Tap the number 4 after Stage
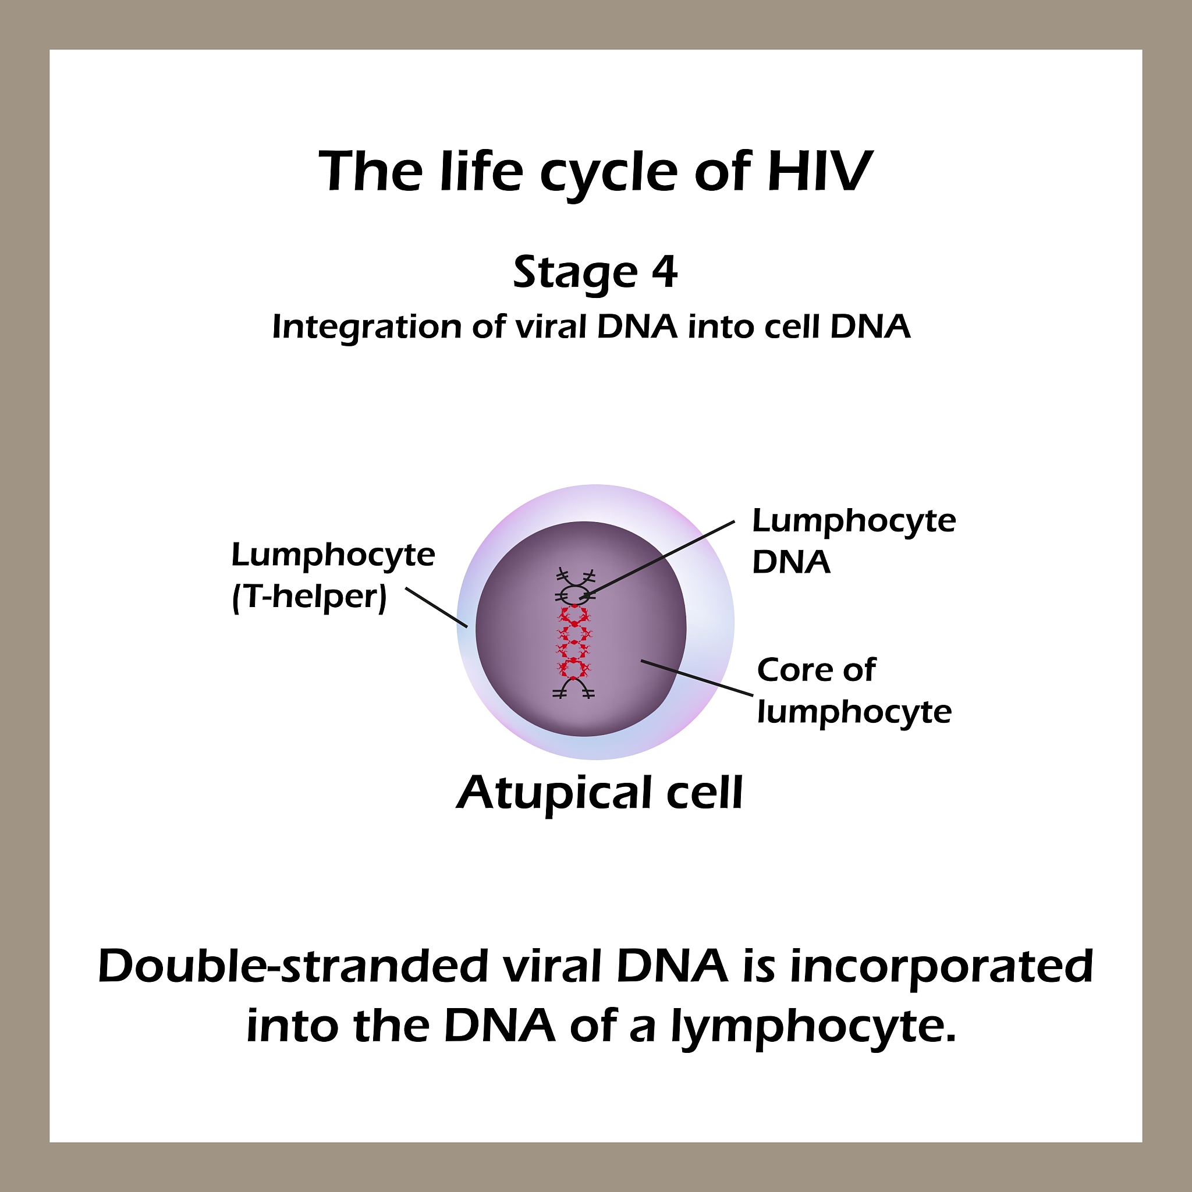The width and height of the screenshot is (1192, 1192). pyautogui.click(x=665, y=271)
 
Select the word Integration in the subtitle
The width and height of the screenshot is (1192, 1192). pyautogui.click(x=367, y=327)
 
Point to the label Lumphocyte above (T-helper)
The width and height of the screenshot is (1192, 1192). pyautogui.click(x=333, y=555)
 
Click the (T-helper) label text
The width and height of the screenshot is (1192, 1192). pyautogui.click(x=309, y=597)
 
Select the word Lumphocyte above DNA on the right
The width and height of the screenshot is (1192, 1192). pyautogui.click(x=854, y=521)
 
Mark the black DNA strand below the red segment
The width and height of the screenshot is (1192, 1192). pyautogui.click(x=574, y=689)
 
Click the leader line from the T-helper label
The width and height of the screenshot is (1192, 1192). pyautogui.click(x=436, y=608)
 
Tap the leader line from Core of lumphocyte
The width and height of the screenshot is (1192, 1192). pyautogui.click(x=697, y=678)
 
